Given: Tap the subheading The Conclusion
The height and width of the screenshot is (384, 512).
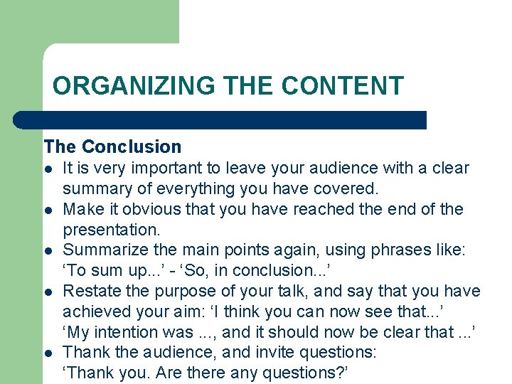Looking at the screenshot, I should [x=112, y=147].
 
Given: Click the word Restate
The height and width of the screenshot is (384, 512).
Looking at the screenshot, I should [x=89, y=292].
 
